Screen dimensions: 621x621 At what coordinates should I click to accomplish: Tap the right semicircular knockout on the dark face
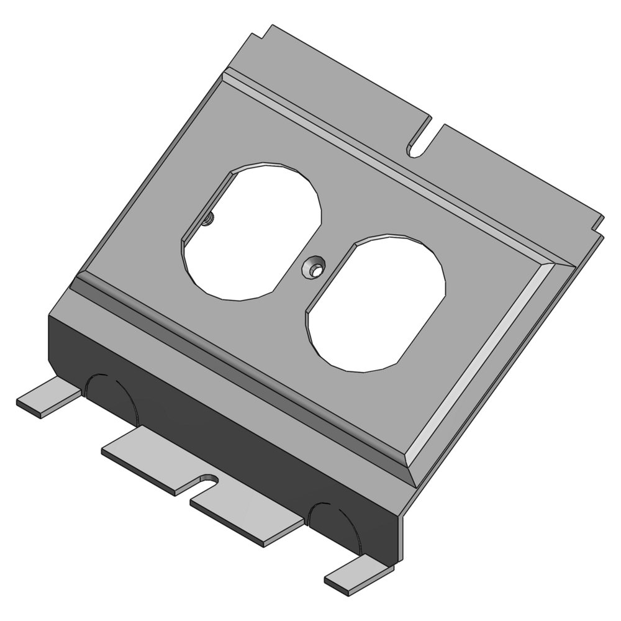click(335, 525)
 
